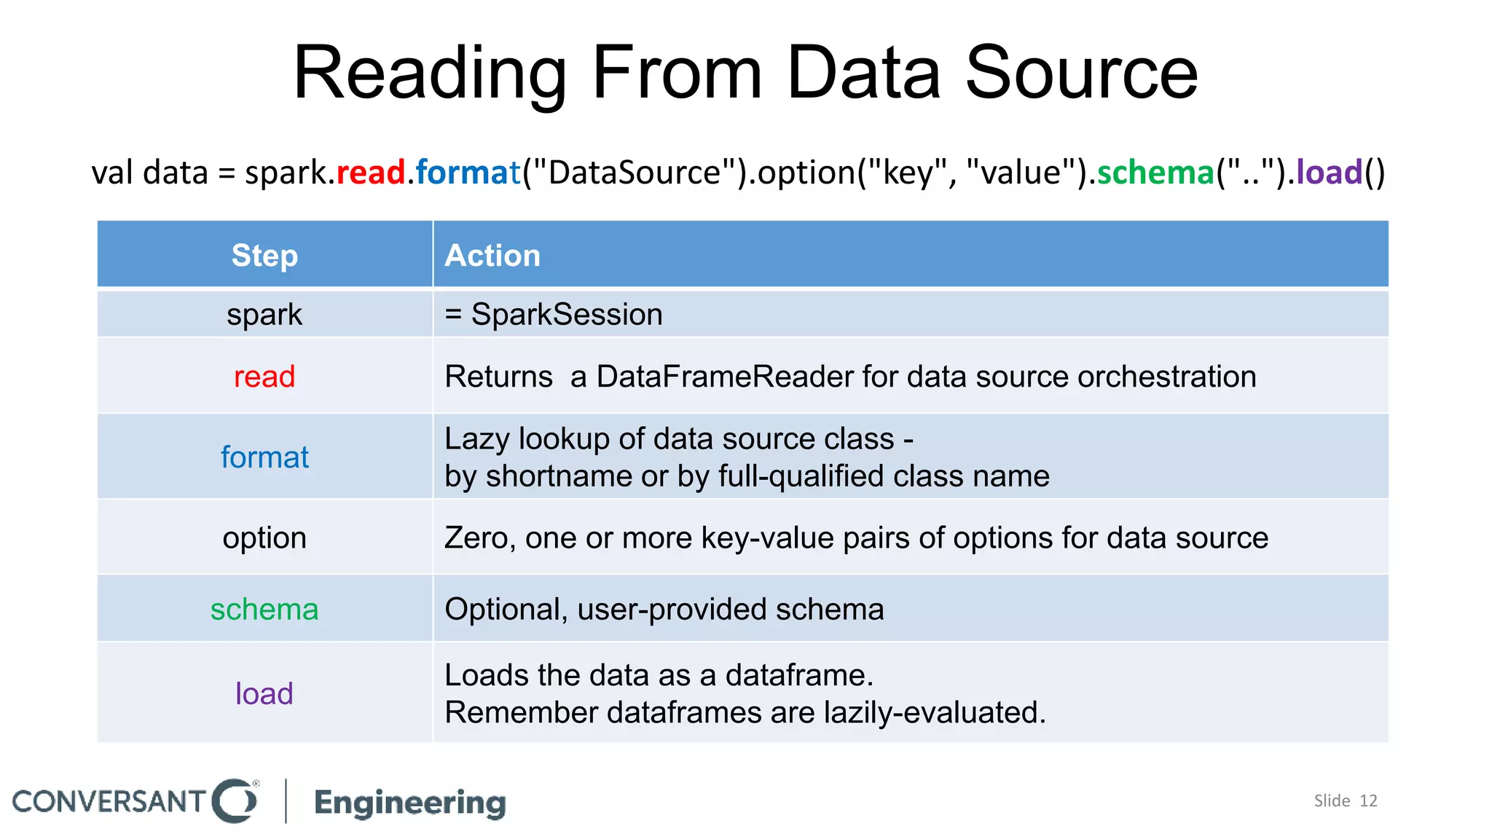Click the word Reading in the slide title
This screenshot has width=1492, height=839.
click(x=429, y=73)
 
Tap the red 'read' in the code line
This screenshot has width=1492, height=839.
click(x=370, y=173)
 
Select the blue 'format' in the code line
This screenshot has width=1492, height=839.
click(x=468, y=173)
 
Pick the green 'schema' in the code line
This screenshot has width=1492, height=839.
click(x=1155, y=173)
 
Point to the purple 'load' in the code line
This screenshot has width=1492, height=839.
click(x=1329, y=173)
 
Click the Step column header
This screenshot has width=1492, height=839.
click(x=264, y=256)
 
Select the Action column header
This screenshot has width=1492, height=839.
click(x=492, y=256)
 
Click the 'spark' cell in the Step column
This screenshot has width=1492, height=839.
click(x=264, y=315)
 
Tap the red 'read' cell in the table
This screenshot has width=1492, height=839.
click(x=264, y=377)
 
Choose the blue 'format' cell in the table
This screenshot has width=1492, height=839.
click(x=264, y=457)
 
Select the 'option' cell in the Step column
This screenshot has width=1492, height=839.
click(x=264, y=538)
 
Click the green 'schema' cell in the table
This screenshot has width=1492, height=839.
click(x=264, y=609)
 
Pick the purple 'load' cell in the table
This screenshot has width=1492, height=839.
click(x=264, y=693)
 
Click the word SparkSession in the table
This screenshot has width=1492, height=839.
click(x=567, y=315)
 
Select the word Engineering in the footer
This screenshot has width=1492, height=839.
click(x=410, y=802)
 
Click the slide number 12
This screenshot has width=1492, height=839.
click(x=1368, y=801)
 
